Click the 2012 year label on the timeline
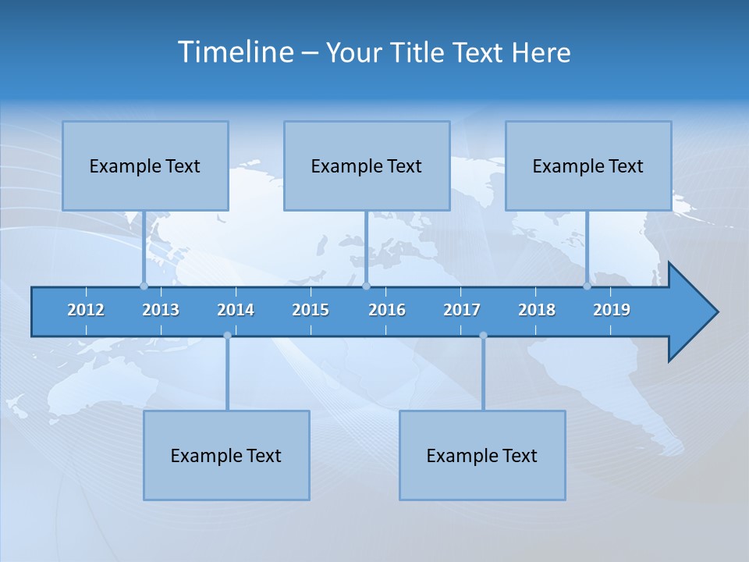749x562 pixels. click(86, 310)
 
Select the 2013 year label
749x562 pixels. click(161, 310)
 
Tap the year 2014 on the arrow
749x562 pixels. click(236, 310)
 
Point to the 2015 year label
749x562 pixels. click(311, 310)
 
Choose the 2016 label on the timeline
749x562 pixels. click(387, 310)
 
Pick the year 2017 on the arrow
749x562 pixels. click(462, 310)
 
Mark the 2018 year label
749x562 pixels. click(537, 310)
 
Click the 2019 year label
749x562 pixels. click(612, 310)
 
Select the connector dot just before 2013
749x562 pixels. click(144, 286)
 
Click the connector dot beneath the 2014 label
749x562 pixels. click(227, 336)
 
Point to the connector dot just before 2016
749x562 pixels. click(366, 286)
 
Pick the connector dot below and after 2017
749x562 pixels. click(483, 336)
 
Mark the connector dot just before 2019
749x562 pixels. click(587, 286)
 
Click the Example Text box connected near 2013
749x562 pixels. click(145, 165)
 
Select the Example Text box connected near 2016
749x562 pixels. click(367, 165)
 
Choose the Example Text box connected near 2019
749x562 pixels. click(588, 165)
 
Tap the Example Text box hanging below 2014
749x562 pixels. click(226, 455)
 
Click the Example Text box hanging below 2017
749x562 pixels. click(482, 455)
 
